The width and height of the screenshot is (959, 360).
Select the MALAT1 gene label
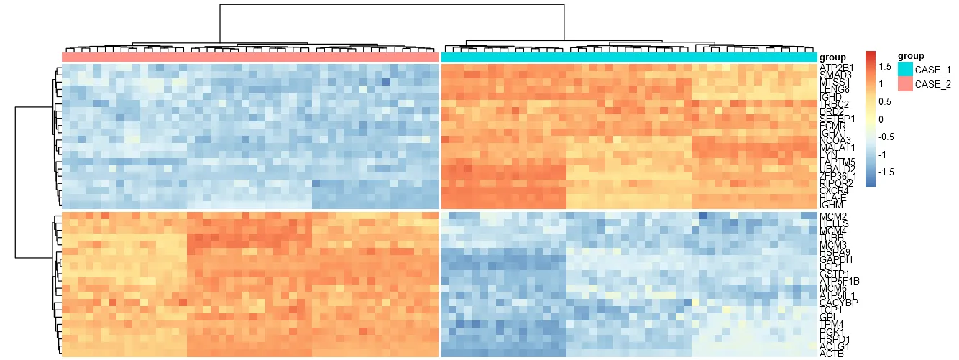coord(836,147)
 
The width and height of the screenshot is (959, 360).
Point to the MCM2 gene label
coord(832,216)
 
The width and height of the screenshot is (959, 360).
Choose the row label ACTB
coord(831,353)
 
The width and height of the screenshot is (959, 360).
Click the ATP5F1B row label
coord(838,280)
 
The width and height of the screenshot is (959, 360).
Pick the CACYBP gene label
coord(837,302)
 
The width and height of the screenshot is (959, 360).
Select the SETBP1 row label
coord(836,118)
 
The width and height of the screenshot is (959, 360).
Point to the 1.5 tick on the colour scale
coord(885,66)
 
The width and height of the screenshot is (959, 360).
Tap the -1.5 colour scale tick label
coord(886,172)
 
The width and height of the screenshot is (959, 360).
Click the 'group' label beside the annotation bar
coord(832,57)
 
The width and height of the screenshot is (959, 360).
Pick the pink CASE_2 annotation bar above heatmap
coord(250,56)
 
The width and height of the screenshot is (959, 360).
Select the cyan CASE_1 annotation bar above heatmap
coord(629,56)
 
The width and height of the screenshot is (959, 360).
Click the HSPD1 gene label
coord(835,338)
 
